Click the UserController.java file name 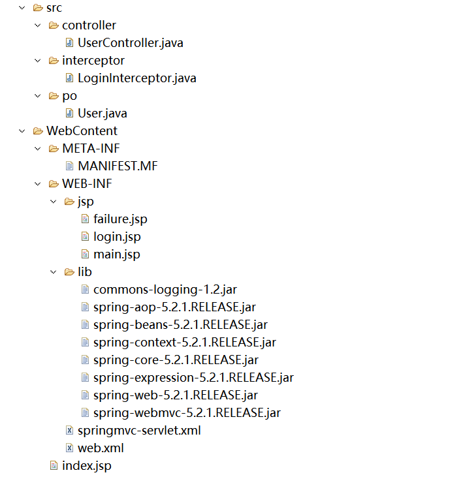130,43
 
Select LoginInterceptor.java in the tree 136,78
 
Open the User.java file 102,114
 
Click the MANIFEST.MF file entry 118,166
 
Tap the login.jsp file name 117,236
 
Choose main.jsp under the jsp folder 116,254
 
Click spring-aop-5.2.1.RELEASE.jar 174,307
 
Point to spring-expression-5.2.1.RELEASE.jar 193,377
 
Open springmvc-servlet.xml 139,430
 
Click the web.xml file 101,448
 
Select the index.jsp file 86,465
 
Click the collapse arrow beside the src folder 22,8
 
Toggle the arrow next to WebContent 22,131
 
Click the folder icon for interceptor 54,61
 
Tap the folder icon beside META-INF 54,148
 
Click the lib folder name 85,271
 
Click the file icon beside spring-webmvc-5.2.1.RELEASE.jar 85,412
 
